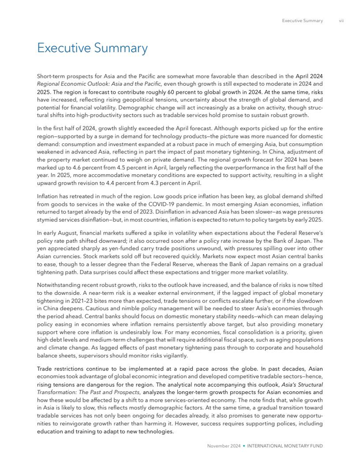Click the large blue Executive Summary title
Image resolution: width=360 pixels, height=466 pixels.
click(93, 48)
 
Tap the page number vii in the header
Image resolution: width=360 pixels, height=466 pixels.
click(341, 21)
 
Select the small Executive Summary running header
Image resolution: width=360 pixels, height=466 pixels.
click(302, 21)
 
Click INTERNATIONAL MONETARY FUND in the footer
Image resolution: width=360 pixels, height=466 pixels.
click(285, 445)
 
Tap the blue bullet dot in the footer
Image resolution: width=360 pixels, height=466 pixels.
click(244, 445)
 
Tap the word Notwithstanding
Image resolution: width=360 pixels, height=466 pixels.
click(58, 284)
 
